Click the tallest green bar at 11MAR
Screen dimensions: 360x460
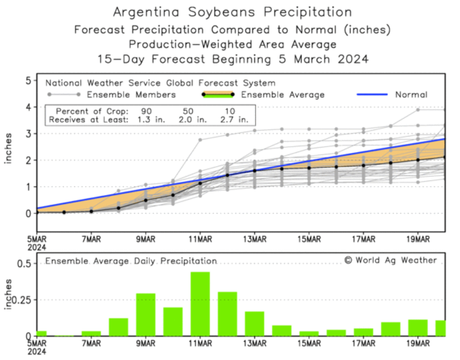200,304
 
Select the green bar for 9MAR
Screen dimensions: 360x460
146,314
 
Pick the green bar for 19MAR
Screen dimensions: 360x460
418,327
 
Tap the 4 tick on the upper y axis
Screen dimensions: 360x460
27,107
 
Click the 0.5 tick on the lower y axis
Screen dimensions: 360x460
24,263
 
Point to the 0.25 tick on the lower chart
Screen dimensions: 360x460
22,299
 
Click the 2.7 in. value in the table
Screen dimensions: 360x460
237,119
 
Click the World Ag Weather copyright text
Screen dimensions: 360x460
390,260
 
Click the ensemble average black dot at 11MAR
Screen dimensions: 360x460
200,183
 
